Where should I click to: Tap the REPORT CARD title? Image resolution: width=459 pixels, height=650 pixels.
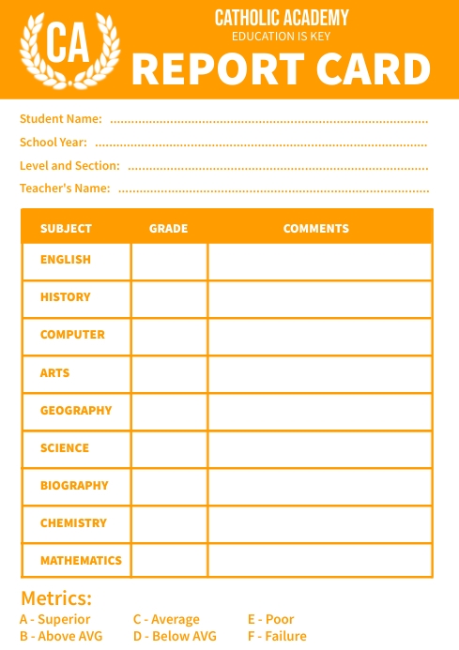[x=281, y=69]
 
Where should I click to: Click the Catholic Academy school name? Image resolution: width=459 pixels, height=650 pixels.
[x=281, y=18]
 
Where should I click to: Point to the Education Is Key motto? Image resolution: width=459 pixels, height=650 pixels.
[x=281, y=37]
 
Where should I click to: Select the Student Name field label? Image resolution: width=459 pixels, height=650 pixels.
[x=60, y=119]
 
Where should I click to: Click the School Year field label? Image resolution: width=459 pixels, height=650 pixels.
[x=54, y=143]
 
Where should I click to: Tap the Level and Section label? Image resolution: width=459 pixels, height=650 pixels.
[x=69, y=165]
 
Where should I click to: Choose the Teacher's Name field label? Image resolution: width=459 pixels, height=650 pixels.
[x=65, y=189]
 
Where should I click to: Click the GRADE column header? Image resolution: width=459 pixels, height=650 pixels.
[x=168, y=229]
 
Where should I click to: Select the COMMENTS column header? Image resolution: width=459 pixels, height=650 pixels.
[x=316, y=229]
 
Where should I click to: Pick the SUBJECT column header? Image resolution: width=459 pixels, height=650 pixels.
[x=66, y=229]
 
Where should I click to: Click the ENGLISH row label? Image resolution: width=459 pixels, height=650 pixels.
[x=66, y=260]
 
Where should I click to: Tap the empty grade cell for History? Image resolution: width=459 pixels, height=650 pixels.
[x=169, y=299]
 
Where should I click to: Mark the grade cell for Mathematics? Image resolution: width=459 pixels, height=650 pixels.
[x=169, y=561]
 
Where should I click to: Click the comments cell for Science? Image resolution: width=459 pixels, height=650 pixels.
[x=319, y=449]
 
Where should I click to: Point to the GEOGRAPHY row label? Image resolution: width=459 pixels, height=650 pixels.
[x=75, y=411]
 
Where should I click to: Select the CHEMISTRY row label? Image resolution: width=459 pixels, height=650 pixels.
[x=73, y=523]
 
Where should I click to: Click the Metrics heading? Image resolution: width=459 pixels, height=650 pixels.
[x=56, y=598]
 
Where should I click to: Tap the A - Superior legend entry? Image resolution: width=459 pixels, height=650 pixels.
[x=55, y=619]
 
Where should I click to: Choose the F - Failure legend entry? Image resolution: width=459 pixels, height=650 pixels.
[x=277, y=636]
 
